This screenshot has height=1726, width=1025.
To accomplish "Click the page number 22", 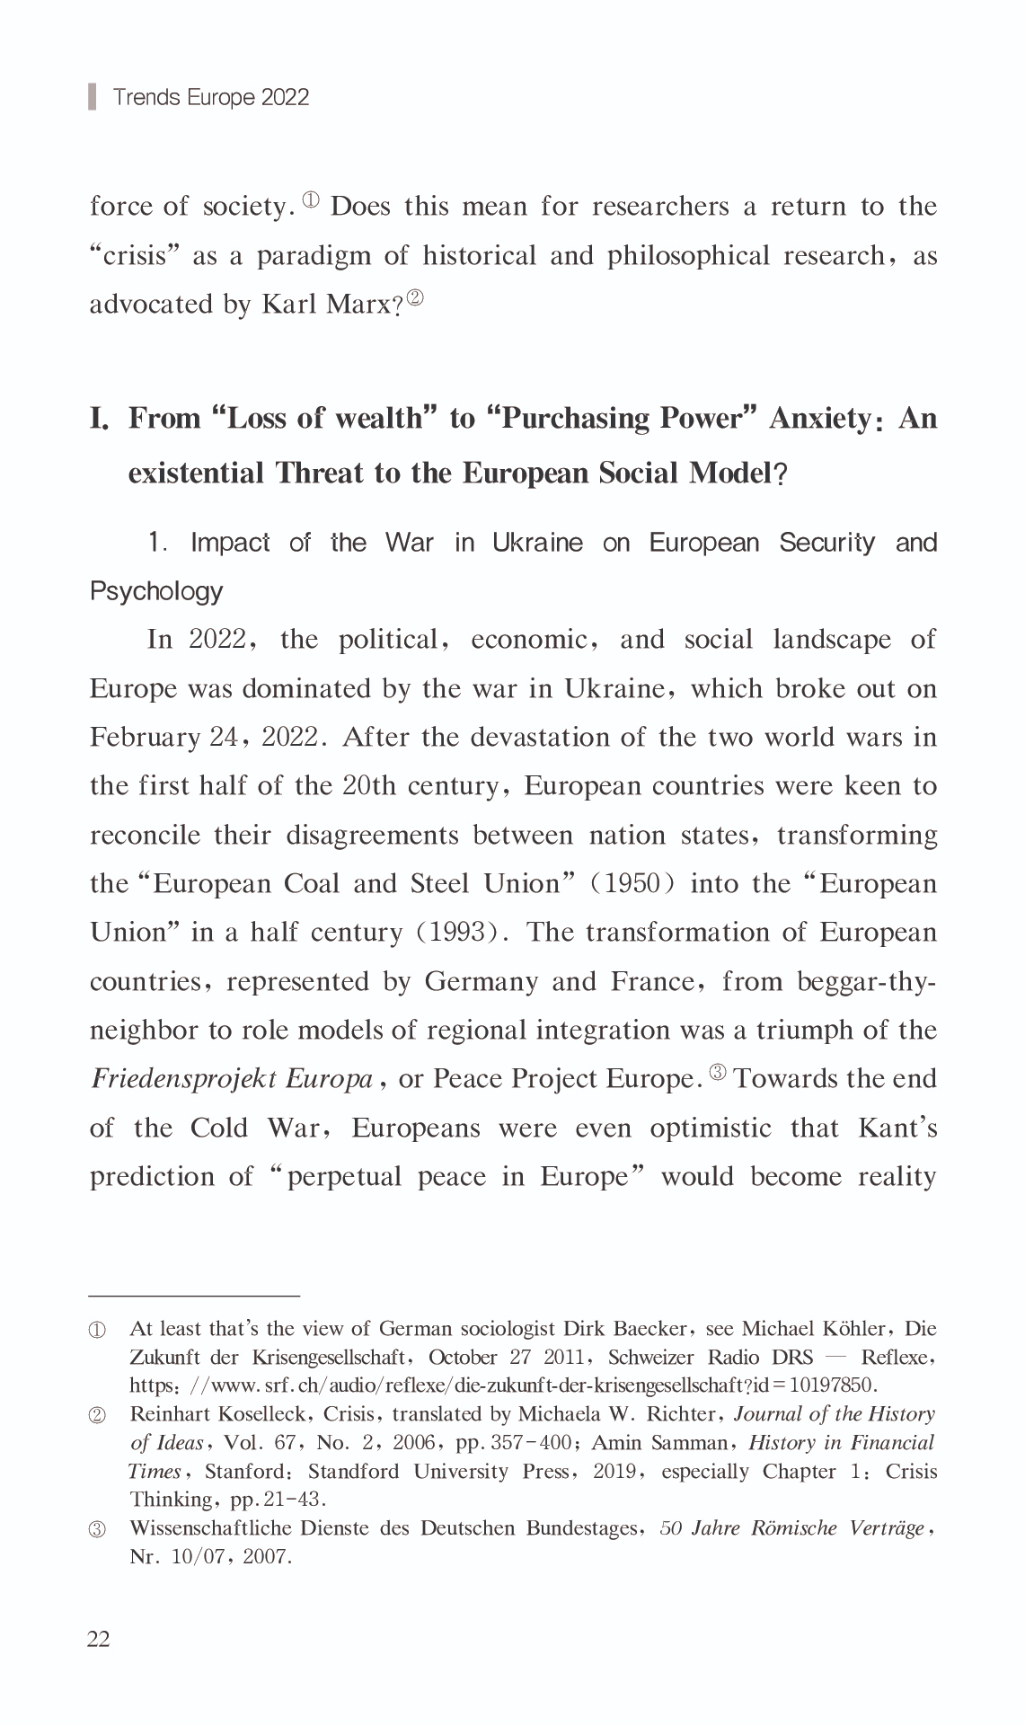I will pyautogui.click(x=99, y=1639).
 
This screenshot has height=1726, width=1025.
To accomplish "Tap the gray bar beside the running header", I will pyautogui.click(x=92, y=96).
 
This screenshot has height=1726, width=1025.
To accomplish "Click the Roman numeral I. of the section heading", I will pyautogui.click(x=99, y=419).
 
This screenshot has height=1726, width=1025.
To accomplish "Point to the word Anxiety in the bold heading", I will pyautogui.click(x=820, y=419).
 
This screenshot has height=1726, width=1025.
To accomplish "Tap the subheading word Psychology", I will pyautogui.click(x=156, y=591).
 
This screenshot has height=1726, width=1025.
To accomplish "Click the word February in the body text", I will pyautogui.click(x=145, y=738).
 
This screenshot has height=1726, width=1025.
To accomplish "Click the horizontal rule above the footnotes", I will pyautogui.click(x=194, y=1297).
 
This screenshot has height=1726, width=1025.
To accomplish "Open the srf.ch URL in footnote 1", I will pyautogui.click(x=502, y=1385).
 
